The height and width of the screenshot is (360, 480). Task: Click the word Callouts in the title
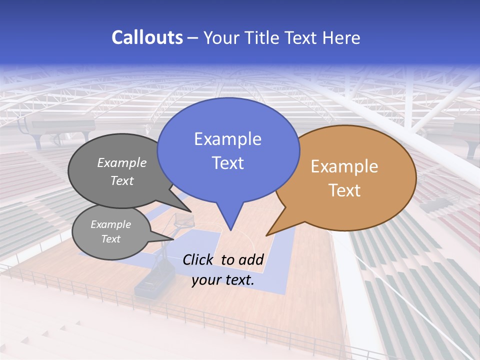[x=147, y=38]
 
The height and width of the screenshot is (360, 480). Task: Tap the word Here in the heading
[x=341, y=38]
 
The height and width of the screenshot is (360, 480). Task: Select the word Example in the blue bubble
[x=227, y=139]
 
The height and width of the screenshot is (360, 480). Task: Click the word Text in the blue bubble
[x=227, y=163]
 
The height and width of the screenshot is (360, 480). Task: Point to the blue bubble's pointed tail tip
[x=230, y=230]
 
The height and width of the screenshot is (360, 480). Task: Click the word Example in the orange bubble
[x=344, y=166]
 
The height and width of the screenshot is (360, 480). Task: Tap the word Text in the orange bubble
[x=344, y=190]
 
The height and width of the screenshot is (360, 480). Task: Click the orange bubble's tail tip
[x=266, y=235]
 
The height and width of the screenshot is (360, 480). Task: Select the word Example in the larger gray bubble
[x=122, y=163]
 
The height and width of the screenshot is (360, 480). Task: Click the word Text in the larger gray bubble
[x=122, y=181]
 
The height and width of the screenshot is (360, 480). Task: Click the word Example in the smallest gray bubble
[x=111, y=224]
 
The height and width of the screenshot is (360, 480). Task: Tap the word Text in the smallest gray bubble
[x=111, y=239]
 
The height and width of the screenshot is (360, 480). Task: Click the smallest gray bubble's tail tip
[x=173, y=239]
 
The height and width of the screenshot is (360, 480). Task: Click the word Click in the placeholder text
[x=199, y=259]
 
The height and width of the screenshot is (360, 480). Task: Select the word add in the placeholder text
[x=251, y=259]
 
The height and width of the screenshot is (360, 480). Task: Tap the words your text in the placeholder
[x=223, y=280]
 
